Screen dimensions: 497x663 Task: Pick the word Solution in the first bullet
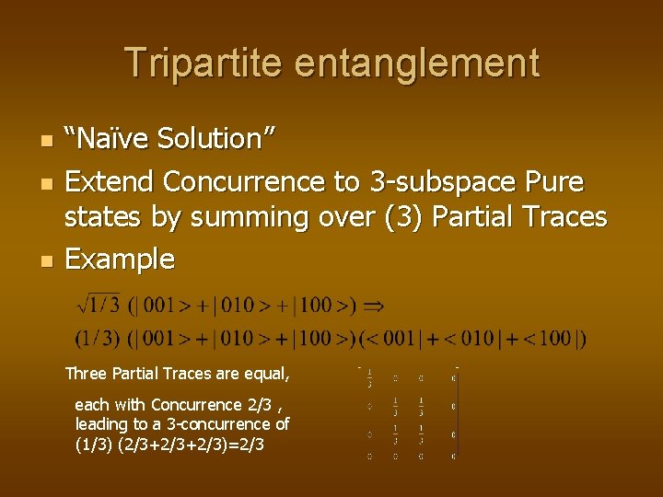[211, 139]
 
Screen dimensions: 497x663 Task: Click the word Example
[120, 260]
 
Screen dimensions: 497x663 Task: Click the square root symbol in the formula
[86, 303]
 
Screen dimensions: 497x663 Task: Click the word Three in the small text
[87, 374]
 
